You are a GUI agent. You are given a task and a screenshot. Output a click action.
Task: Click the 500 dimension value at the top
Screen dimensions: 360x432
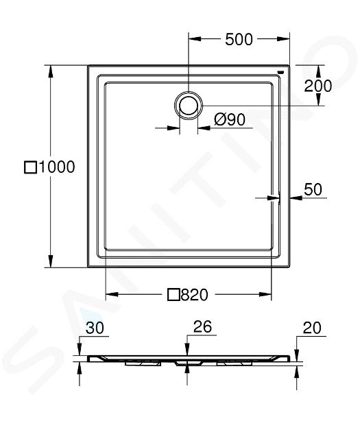[x=239, y=39]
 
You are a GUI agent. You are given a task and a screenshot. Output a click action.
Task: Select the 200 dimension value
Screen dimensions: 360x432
[x=317, y=86]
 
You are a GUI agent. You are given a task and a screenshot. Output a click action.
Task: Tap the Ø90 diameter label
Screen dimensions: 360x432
[x=230, y=119]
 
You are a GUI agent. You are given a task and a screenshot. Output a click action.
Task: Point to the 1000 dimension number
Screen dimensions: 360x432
[x=57, y=167]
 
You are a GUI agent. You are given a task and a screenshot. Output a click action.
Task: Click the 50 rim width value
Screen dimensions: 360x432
[x=313, y=189]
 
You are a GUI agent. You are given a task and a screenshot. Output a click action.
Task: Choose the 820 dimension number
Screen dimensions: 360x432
[x=195, y=295]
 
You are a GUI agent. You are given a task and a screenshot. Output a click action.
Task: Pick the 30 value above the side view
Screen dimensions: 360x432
[x=95, y=328]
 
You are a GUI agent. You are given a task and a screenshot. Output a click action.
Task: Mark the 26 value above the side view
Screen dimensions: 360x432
[x=202, y=326]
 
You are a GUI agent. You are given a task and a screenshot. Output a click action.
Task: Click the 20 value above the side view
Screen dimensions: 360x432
[x=312, y=328]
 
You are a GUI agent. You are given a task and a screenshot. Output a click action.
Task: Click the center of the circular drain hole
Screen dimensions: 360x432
[x=189, y=106]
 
